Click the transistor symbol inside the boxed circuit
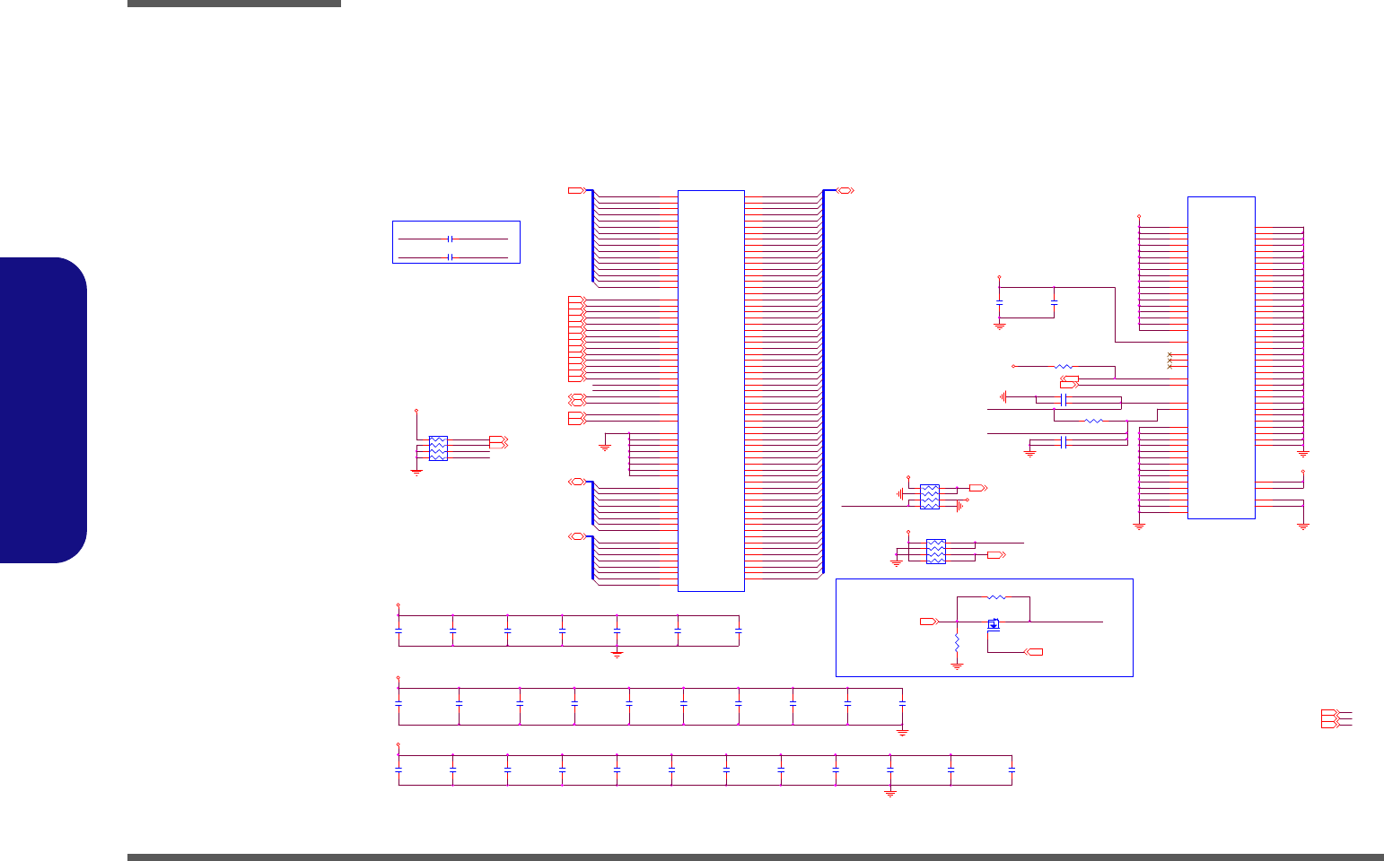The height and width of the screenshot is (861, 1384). tap(994, 624)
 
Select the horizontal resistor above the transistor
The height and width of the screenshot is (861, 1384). tap(997, 596)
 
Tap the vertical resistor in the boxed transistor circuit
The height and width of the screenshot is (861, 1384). tap(958, 643)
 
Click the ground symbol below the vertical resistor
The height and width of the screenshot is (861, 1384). tap(958, 666)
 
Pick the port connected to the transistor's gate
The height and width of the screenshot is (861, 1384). tap(1035, 651)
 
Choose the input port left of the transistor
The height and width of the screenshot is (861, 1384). tap(929, 621)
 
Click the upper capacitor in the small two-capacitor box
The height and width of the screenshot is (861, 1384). tap(451, 239)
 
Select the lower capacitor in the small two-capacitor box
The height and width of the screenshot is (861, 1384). tap(451, 257)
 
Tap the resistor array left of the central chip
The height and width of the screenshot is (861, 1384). tap(438, 448)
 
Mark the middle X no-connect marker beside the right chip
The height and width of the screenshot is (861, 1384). tap(1169, 361)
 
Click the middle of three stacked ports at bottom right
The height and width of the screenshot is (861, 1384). tap(1329, 718)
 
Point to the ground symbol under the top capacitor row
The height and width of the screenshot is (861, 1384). tap(618, 655)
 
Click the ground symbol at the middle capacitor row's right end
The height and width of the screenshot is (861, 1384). tap(903, 732)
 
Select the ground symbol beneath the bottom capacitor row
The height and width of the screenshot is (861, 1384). tap(890, 793)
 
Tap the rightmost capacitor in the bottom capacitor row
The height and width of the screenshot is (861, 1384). tap(1012, 770)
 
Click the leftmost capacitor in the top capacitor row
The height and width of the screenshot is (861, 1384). tap(399, 631)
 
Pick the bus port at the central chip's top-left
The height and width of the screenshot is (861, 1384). tap(577, 190)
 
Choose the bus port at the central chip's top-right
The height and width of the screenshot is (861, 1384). tap(845, 190)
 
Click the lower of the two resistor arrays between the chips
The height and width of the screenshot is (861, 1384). tap(935, 551)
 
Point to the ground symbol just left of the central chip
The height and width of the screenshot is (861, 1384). tap(605, 446)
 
